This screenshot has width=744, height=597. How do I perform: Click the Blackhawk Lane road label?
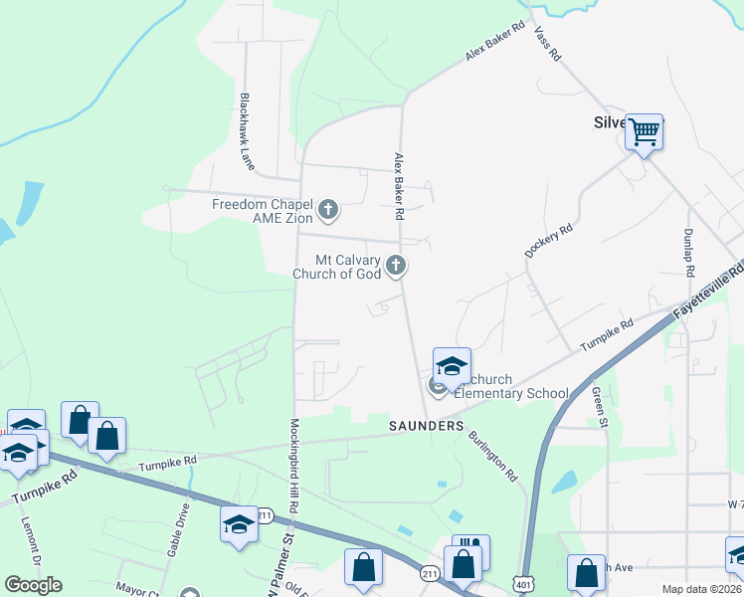(x=246, y=131)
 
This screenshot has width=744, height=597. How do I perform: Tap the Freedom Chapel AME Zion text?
(x=263, y=211)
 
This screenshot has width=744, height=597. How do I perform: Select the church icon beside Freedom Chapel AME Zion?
(x=328, y=211)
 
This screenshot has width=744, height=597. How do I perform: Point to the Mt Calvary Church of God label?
(x=336, y=267)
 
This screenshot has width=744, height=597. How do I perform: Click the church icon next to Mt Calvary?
(x=396, y=265)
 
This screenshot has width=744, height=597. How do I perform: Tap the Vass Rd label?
(x=548, y=44)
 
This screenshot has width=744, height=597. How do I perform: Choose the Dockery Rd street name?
(x=549, y=242)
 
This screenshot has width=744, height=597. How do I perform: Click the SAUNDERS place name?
(x=426, y=426)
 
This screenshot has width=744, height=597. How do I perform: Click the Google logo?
(x=33, y=585)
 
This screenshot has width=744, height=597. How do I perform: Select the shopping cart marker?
(x=645, y=130)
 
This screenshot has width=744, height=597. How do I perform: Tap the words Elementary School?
(x=511, y=393)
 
